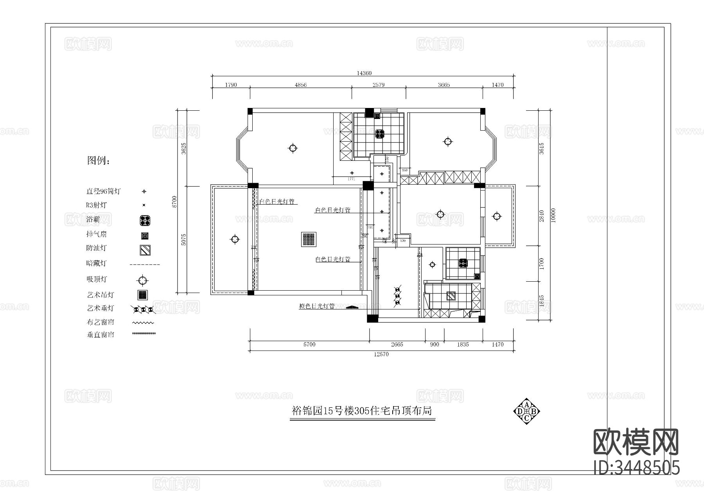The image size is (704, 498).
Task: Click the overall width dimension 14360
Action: coord(364,73)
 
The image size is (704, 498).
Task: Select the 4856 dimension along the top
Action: coord(300,85)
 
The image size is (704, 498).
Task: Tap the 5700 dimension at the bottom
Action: coord(309,345)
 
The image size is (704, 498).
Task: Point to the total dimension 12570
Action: coord(381,354)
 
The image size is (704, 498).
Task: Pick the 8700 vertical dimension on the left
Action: coord(175,202)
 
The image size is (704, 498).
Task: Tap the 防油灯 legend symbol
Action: coord(145,250)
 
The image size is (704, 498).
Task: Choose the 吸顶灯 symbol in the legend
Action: coord(143,280)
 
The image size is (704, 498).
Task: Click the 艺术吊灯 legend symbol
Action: coord(143,295)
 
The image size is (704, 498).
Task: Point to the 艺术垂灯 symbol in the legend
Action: coord(143,309)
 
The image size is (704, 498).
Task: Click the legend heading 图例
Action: coord(98,160)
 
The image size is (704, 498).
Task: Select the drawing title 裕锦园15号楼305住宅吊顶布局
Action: coord(362,411)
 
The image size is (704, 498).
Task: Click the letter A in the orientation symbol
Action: coord(527,405)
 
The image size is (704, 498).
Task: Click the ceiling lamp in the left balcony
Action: coord(235,239)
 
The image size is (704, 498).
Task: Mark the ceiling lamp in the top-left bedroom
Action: coord(293,148)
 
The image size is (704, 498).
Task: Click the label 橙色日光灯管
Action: coord(317,306)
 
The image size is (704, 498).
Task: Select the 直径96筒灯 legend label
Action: coord(103,192)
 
